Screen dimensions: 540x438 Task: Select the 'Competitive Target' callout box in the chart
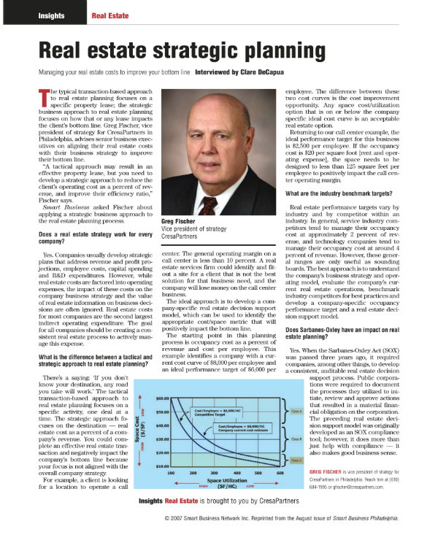(x=214, y=412)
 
